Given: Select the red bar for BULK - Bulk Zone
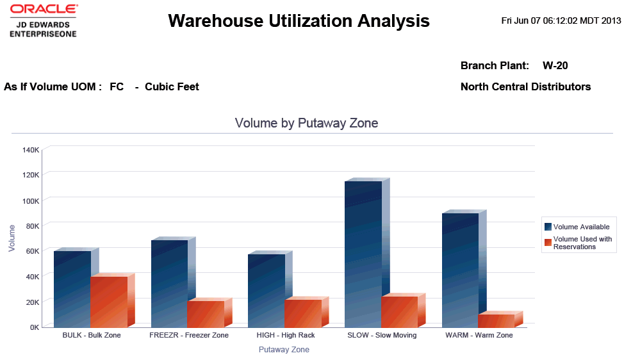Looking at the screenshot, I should tap(109, 301).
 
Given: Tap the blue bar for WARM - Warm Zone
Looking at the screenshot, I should tap(460, 270).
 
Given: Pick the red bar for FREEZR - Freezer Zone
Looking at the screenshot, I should tap(206, 313).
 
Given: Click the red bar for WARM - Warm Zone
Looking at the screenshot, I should tap(497, 320).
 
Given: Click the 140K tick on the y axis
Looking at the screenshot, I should tap(31, 150).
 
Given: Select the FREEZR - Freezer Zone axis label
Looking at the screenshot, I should tap(188, 335).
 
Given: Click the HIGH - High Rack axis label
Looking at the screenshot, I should tap(285, 335).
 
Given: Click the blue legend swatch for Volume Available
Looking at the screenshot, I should tap(548, 227).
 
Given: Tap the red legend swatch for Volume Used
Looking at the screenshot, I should tap(548, 242).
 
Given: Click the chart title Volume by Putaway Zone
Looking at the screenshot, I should tap(306, 123).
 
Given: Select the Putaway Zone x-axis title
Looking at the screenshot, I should tap(284, 350).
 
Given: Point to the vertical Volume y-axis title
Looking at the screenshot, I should tap(12, 237).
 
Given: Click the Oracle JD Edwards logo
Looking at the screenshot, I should tap(43, 20).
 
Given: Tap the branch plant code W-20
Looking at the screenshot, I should tap(555, 65).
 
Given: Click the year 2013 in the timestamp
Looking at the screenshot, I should tap(612, 20).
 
